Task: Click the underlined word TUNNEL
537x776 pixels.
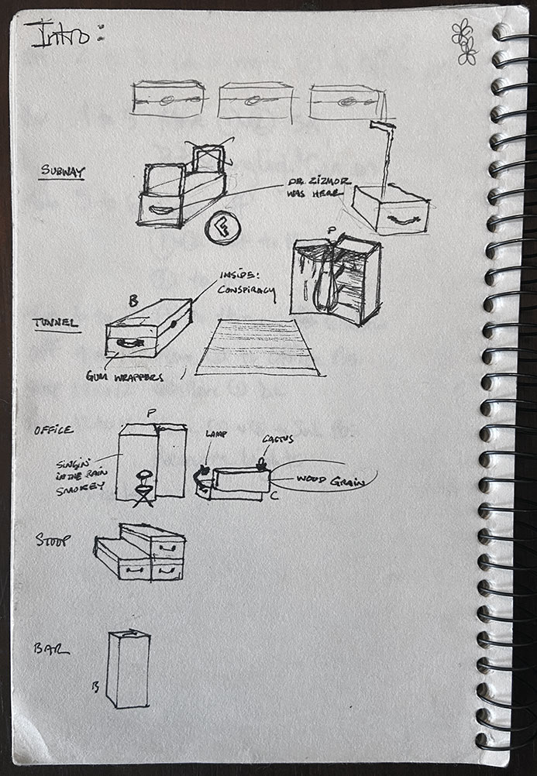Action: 56,323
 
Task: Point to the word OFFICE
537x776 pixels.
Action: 53,430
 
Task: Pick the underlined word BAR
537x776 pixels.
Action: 50,648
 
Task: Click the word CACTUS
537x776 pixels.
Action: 277,438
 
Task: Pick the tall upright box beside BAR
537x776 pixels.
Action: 128,668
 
